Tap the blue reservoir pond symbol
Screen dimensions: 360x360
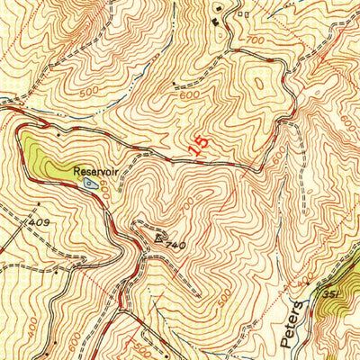[x=87, y=182]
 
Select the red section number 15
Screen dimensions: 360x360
[x=201, y=144]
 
